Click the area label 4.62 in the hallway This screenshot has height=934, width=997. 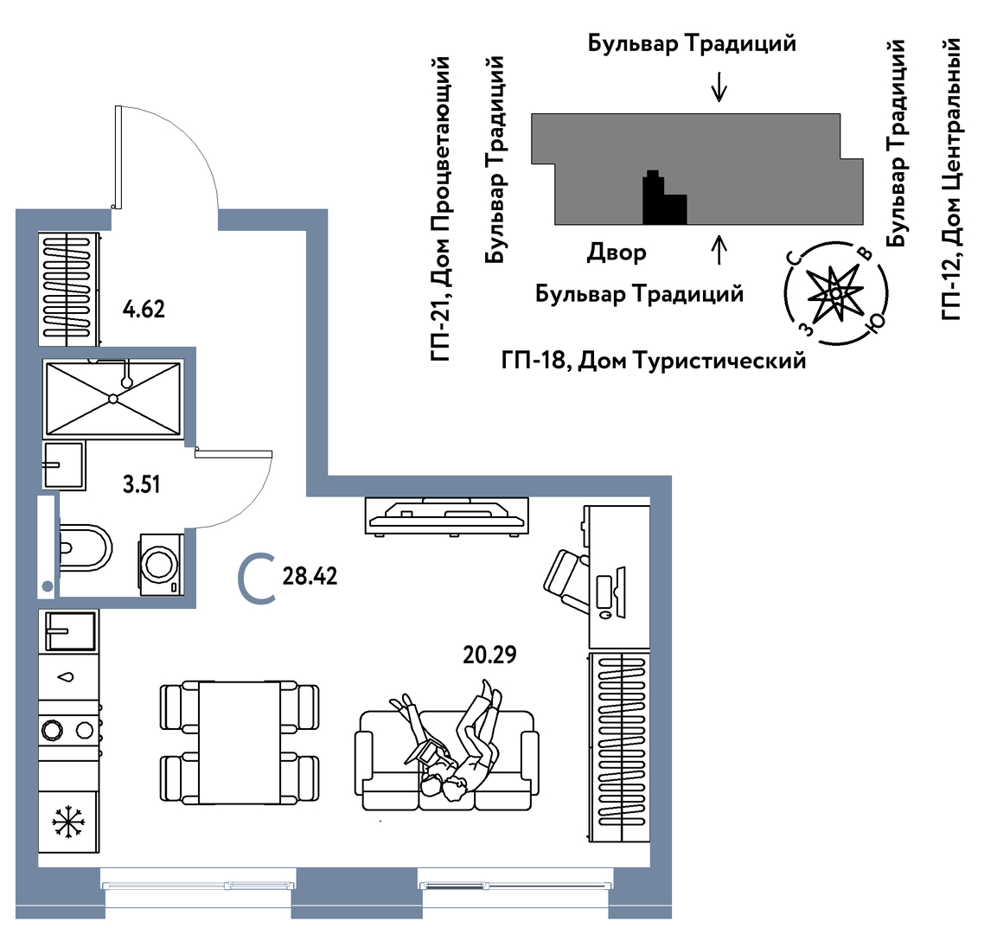144,309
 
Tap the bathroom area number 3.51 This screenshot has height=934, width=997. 141,484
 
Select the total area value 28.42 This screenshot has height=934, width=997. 310,576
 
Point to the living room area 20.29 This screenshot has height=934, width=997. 489,656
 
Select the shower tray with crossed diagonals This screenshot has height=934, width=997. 113,399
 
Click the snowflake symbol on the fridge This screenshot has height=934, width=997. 65,822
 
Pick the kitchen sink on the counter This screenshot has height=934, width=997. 69,630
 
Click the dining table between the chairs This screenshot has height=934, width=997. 240,742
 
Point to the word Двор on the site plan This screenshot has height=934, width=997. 617,253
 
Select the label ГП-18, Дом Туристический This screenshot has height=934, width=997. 653,360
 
